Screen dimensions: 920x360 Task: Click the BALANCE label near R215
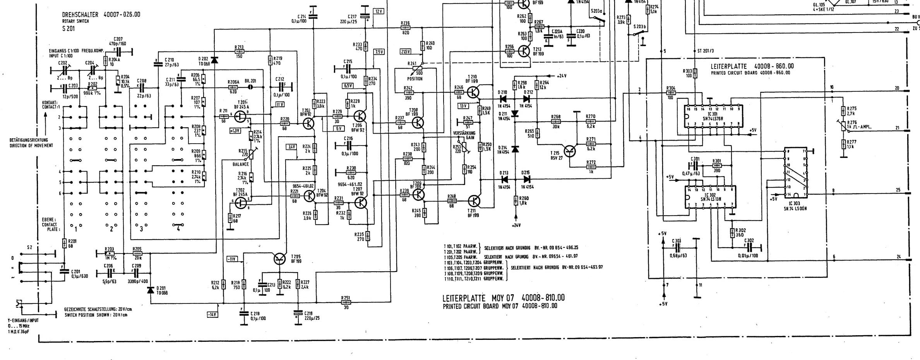240,165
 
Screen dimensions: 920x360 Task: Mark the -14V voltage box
212,315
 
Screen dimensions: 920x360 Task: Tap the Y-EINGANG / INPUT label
23,321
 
